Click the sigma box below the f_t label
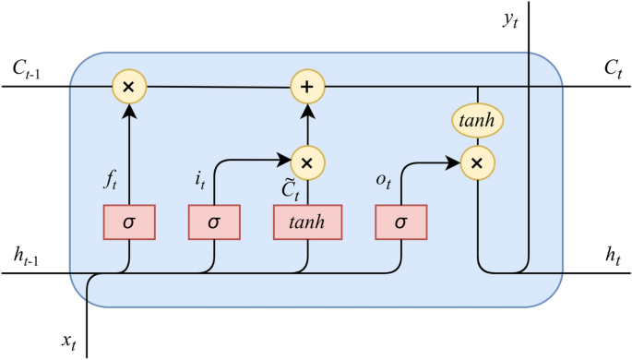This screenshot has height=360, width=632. [x=128, y=222]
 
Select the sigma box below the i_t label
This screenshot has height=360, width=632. [x=214, y=222]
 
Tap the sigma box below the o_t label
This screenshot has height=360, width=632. [x=401, y=222]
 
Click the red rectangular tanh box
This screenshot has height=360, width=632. [x=307, y=222]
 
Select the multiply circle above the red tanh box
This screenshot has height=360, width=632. [x=307, y=162]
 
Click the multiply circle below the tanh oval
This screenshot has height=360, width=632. [x=477, y=163]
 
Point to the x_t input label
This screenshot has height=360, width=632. [x=69, y=342]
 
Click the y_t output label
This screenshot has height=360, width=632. [x=510, y=19]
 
